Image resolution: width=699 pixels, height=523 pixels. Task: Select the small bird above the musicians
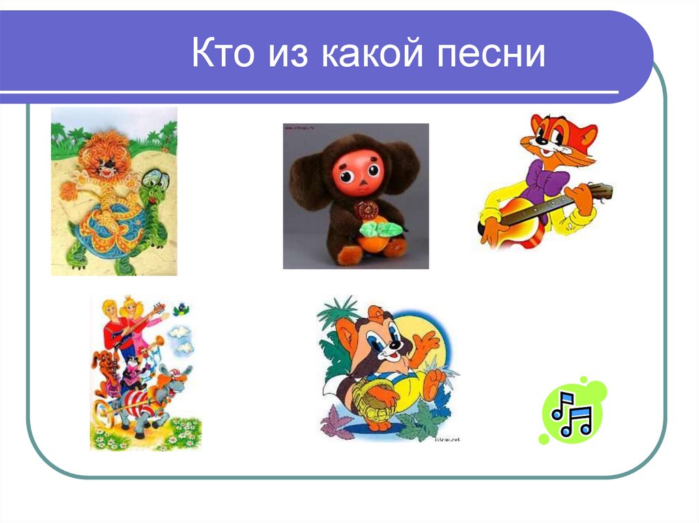tap(181, 311)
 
